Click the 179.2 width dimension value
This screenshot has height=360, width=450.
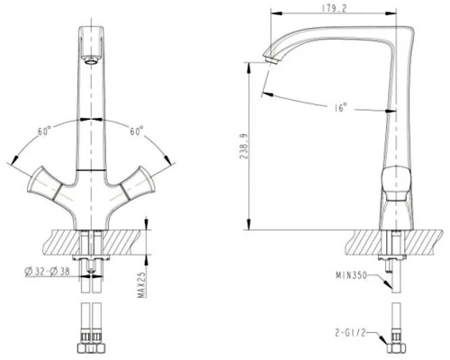tap(334, 8)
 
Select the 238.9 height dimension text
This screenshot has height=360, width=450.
tap(244, 147)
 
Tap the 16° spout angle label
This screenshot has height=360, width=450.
tap(340, 107)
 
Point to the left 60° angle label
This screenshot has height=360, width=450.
tap(44, 131)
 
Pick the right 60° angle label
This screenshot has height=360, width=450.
tap(137, 130)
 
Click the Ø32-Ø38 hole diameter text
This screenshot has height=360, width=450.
tap(47, 272)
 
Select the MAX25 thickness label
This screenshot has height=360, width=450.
tap(142, 285)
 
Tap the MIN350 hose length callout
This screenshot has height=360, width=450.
tap(351, 275)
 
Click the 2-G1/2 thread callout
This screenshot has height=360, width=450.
tap(350, 332)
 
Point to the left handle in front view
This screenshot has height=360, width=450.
tap(46, 184)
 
